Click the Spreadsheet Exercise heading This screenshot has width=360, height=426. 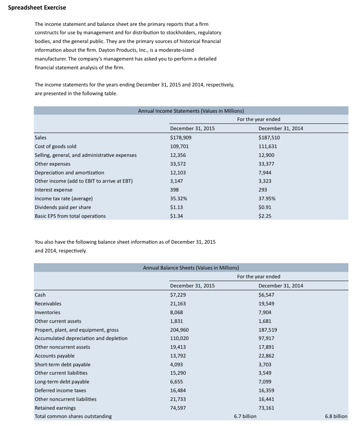pyautogui.click(x=37, y=8)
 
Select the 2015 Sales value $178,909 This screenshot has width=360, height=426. pyautogui.click(x=181, y=137)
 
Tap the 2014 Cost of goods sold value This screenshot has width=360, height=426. pyautogui.click(x=268, y=146)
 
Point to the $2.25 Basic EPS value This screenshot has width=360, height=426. pyautogui.click(x=265, y=216)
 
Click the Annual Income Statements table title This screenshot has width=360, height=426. pyautogui.click(x=191, y=111)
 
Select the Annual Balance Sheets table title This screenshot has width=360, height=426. pyautogui.click(x=191, y=268)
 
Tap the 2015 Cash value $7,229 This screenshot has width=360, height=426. pyautogui.click(x=178, y=295)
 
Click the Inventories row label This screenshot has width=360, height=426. pyautogui.click(x=47, y=312)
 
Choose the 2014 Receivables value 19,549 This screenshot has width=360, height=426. pyautogui.click(x=266, y=303)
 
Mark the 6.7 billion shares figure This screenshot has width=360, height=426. pyautogui.click(x=245, y=416)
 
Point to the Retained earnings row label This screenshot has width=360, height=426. pyautogui.click(x=55, y=408)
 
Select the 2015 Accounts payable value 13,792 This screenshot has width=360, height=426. pyautogui.click(x=178, y=356)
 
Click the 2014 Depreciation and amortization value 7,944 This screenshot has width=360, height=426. pyautogui.click(x=265, y=172)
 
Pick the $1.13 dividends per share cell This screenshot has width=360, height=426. pyautogui.click(x=177, y=207)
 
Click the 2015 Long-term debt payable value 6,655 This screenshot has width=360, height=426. pyautogui.click(x=176, y=381)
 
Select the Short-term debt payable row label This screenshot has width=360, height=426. pyautogui.click(x=62, y=364)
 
